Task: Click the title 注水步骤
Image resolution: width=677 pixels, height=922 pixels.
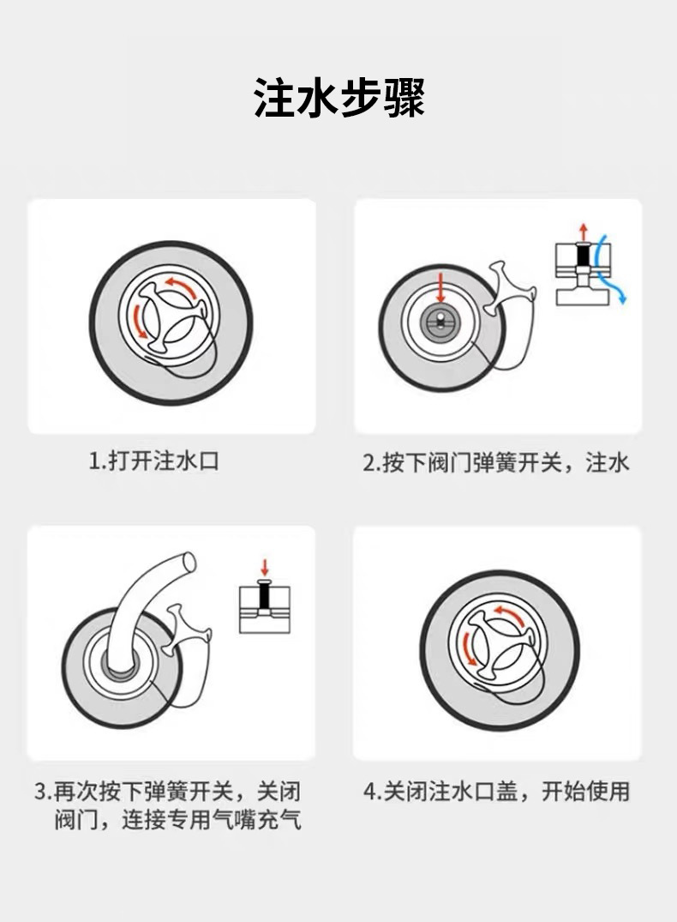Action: click(x=339, y=98)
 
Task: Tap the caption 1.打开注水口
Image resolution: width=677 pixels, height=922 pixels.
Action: click(x=154, y=461)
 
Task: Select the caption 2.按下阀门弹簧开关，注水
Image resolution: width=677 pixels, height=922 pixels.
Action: click(x=496, y=463)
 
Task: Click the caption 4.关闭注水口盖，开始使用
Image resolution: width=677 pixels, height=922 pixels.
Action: click(x=496, y=792)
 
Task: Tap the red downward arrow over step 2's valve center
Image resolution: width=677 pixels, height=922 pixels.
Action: click(x=441, y=287)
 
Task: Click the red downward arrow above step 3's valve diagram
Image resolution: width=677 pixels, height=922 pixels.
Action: click(x=265, y=568)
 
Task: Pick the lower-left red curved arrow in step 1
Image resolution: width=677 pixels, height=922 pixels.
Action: click(x=140, y=321)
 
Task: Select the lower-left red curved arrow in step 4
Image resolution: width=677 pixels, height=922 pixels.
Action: click(x=468, y=648)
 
